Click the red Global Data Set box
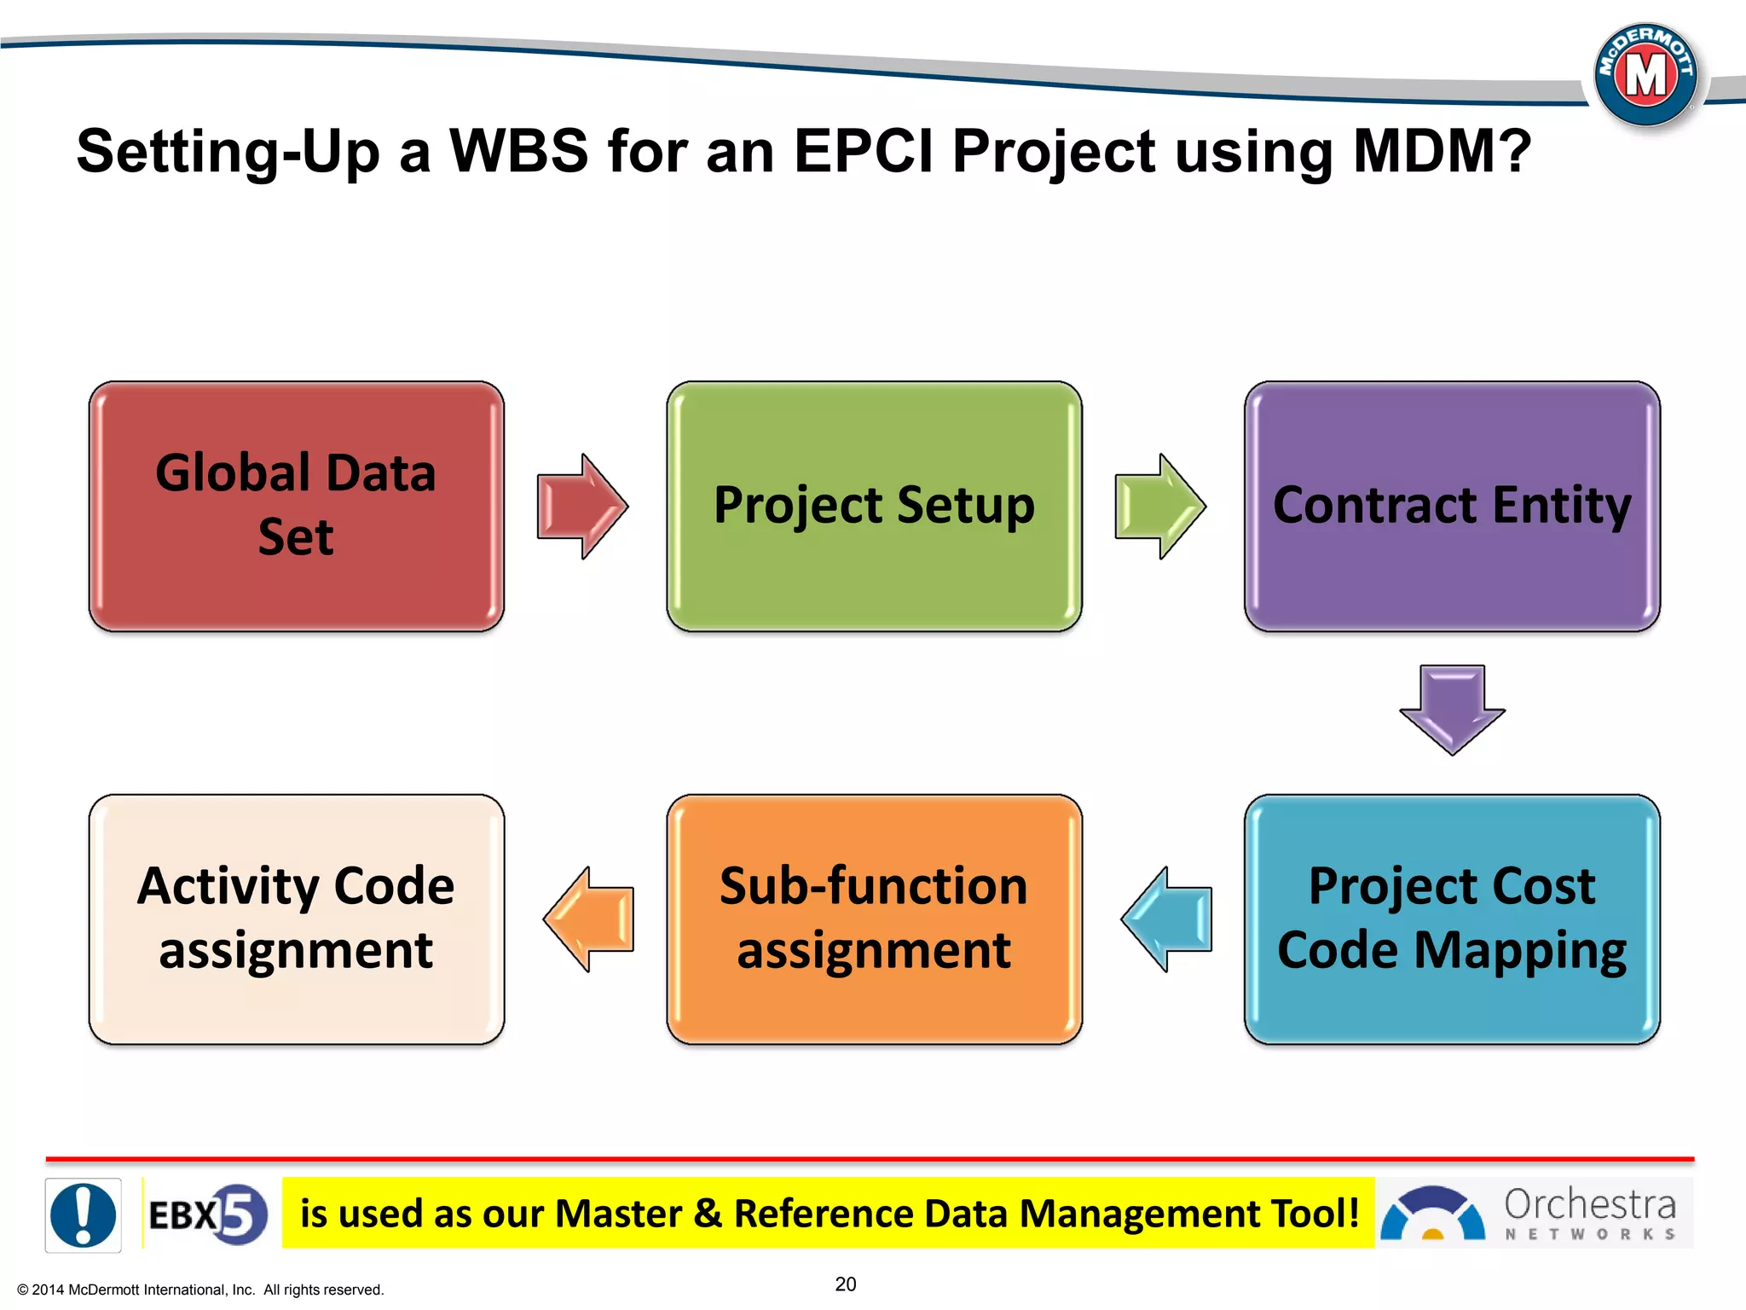pyautogui.click(x=296, y=506)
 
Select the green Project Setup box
pyautogui.click(x=874, y=506)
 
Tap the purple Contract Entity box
pyautogui.click(x=1452, y=506)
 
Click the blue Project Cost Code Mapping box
pyautogui.click(x=1452, y=919)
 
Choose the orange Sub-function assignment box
pyautogui.click(x=874, y=919)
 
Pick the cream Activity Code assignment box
pyautogui.click(x=296, y=919)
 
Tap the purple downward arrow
pyautogui.click(x=1452, y=709)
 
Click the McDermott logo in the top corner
pyautogui.click(x=1645, y=76)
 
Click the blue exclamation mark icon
pyautogui.click(x=83, y=1214)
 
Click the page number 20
pyautogui.click(x=845, y=1284)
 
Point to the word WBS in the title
pyautogui.click(x=518, y=151)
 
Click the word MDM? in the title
pyautogui.click(x=1442, y=151)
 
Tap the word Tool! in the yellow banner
pyautogui.click(x=1315, y=1213)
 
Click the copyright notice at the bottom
pyautogui.click(x=200, y=1290)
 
